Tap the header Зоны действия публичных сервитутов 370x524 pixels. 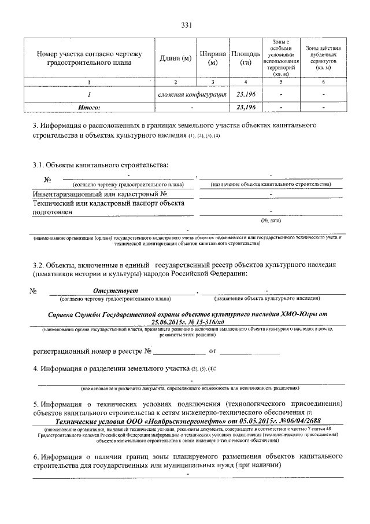(323, 58)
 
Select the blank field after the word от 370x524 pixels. (250, 351)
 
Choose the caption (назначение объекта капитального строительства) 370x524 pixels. (271, 184)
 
